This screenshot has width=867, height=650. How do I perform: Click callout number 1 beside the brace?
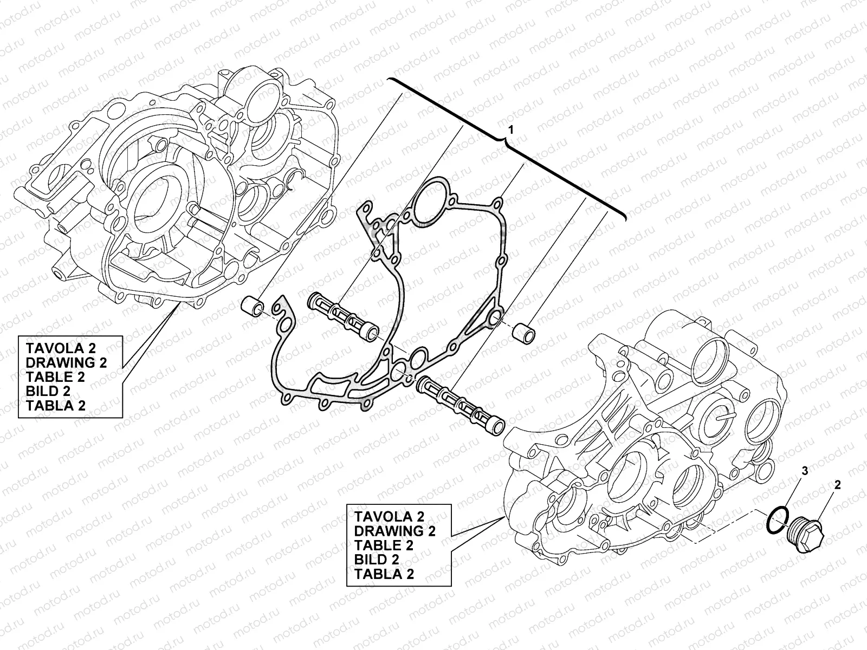pos(511,130)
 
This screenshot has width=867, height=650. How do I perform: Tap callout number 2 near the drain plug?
pos(837,485)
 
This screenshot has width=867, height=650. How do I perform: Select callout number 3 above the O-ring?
pos(805,470)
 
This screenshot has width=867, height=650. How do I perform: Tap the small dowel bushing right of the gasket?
pos(524,333)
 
